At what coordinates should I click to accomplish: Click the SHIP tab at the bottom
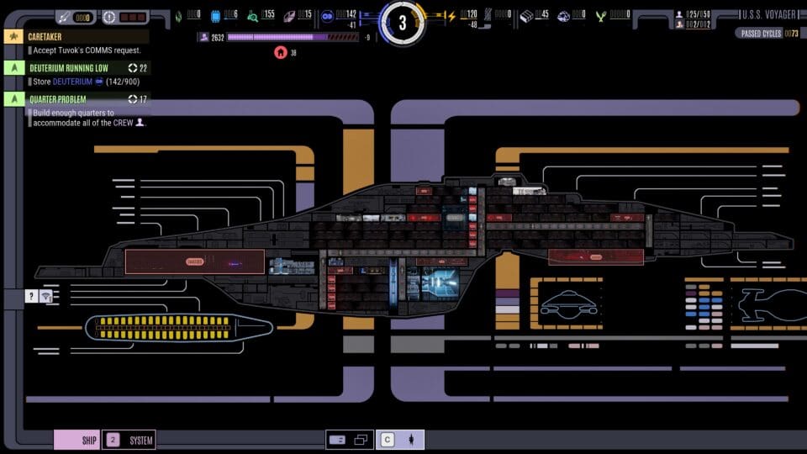pyautogui.click(x=77, y=440)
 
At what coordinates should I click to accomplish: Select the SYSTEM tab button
pyautogui.click(x=129, y=440)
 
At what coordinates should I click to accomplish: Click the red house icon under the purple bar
pyautogui.click(x=280, y=52)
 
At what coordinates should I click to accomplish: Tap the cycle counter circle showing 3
pyautogui.click(x=403, y=22)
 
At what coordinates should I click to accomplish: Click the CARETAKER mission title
pyautogui.click(x=45, y=37)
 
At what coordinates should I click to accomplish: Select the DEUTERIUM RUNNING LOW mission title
pyautogui.click(x=69, y=68)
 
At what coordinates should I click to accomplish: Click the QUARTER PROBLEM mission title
pyautogui.click(x=58, y=99)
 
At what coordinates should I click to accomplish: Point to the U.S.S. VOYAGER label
pyautogui.click(x=770, y=14)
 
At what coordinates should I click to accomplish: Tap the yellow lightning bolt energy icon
pyautogui.click(x=451, y=15)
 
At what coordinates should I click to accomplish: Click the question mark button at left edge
pyautogui.click(x=31, y=296)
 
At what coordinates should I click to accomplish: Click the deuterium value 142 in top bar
pyautogui.click(x=346, y=14)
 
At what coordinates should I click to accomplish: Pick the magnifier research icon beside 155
pyautogui.click(x=252, y=15)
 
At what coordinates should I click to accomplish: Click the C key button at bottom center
pyautogui.click(x=388, y=439)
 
